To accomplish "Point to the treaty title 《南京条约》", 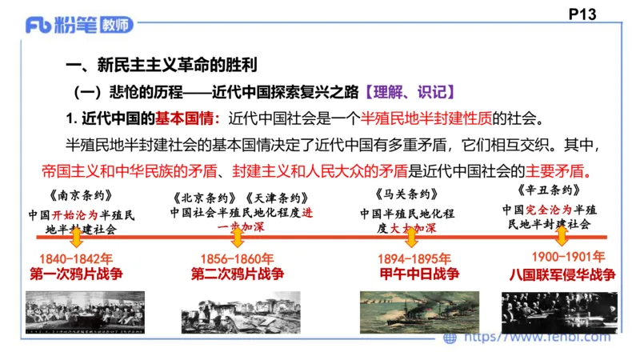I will click(x=76, y=195).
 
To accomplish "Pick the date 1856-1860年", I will click(x=236, y=258).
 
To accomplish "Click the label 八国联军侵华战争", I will click(x=562, y=274).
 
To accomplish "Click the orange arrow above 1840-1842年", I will click(x=75, y=238).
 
